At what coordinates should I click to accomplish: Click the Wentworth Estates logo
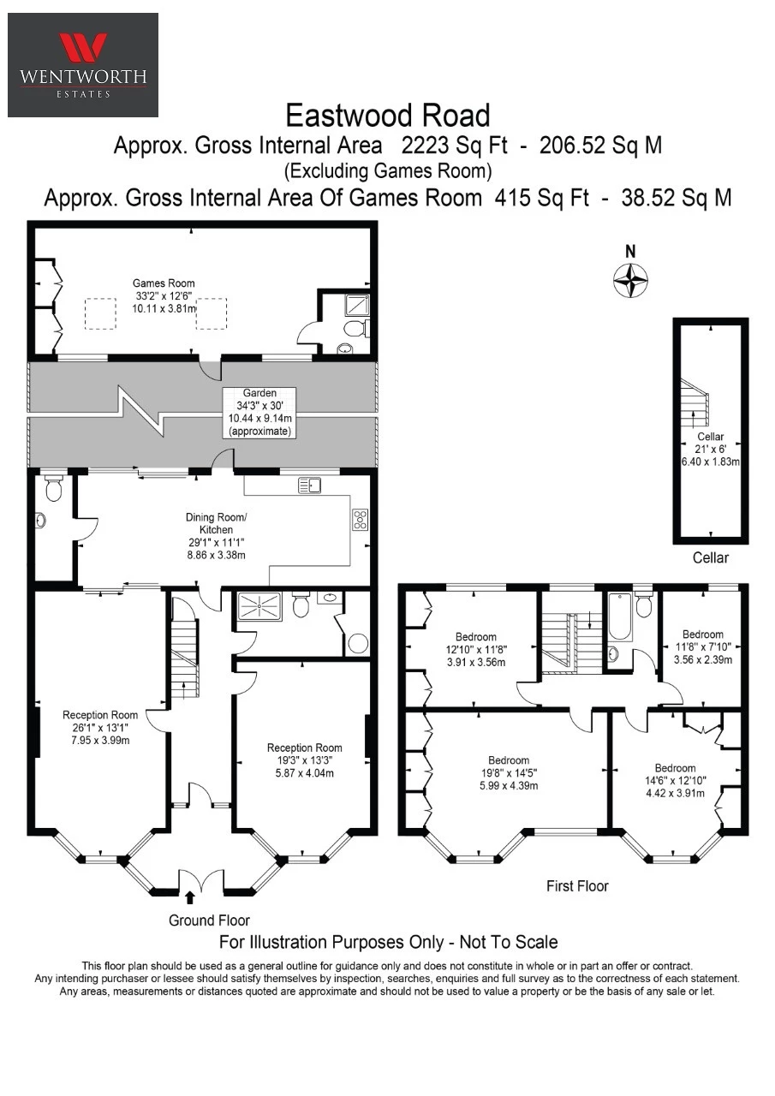pos(83,65)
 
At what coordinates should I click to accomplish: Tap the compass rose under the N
pos(630,280)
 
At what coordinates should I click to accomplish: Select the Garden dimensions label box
pos(259,412)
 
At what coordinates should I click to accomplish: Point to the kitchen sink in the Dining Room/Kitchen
pos(309,485)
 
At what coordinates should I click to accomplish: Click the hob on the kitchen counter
pos(361,520)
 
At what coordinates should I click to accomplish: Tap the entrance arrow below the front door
pos(190,896)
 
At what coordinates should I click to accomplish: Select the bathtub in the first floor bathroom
pos(620,616)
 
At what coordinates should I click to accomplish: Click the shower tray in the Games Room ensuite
pos(358,305)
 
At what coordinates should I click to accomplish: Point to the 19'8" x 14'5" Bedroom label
pos(509,772)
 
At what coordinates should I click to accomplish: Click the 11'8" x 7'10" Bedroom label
pos(702,646)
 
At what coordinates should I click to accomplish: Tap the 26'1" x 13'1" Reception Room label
pos(100,728)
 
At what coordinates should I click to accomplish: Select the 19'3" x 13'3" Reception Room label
pos(304,760)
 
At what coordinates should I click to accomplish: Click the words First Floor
pos(577,886)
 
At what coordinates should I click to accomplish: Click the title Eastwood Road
pos(387,116)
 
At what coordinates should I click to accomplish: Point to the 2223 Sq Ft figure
pos(455,146)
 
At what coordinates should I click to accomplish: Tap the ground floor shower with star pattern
pos(259,607)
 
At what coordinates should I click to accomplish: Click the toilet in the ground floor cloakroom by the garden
pos(53,488)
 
